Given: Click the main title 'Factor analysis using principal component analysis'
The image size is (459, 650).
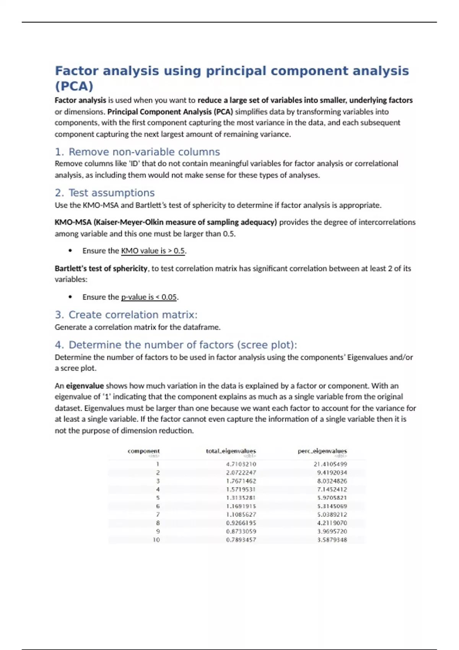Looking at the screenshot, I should pos(232,71).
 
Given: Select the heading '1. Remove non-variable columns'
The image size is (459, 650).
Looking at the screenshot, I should pos(137,152).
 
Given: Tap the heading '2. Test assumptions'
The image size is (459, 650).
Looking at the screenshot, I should pos(104,193).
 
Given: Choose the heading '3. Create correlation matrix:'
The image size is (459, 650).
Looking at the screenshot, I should pos(126,315).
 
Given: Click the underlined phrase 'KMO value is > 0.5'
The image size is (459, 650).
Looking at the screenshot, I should pos(153,251).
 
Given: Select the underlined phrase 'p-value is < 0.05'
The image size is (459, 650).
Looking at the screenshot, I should pos(149,297).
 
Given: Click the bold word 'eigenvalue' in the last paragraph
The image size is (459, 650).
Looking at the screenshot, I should pos(85,386).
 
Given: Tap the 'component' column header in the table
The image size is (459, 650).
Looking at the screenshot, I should pos(143,451).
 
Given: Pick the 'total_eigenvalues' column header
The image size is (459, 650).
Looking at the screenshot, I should pos(231,451).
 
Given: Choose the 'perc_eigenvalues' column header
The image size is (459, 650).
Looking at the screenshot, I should pos(322,451).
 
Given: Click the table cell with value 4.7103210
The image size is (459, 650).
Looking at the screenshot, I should pos(241,464).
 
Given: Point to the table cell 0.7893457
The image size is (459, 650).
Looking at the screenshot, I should pos(241,540).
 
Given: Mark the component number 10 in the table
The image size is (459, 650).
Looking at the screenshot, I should pos(156,540).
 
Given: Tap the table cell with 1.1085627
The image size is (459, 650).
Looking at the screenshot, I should pos(241,515).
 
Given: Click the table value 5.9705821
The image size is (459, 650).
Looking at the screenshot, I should pos(332,498).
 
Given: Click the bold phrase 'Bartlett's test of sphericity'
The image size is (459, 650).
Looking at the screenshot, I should pos(101,268).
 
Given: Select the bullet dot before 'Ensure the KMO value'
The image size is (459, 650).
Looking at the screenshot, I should pos(70,251).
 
